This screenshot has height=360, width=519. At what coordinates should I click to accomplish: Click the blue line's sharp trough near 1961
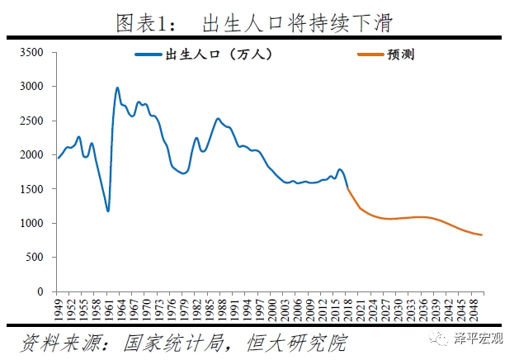click(x=108, y=211)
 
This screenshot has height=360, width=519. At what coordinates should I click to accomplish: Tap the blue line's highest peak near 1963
click(x=117, y=88)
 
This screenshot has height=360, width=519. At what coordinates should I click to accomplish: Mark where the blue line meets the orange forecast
click(x=347, y=189)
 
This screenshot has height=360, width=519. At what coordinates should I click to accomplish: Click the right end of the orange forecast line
click(x=482, y=235)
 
